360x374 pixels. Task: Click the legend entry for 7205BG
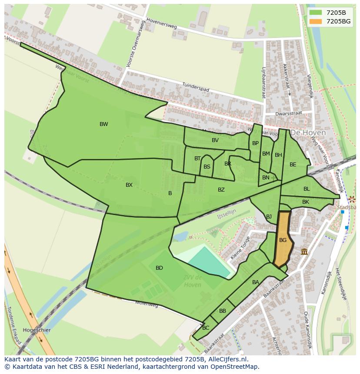(338, 21)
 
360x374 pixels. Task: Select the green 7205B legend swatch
(316, 12)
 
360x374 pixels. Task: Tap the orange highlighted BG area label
(283, 240)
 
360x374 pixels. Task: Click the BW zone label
(103, 124)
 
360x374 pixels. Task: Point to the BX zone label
(129, 185)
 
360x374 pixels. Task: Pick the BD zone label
(159, 268)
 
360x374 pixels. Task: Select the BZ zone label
(221, 190)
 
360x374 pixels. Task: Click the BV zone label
(215, 140)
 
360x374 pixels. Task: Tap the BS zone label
(207, 167)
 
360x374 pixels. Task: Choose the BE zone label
(293, 165)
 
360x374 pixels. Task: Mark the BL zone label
(307, 189)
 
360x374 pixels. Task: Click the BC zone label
(206, 328)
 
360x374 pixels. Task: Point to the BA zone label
(256, 282)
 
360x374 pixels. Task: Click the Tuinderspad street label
(196, 87)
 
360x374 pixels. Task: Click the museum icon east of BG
(304, 252)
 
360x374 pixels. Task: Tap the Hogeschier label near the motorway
(37, 330)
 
